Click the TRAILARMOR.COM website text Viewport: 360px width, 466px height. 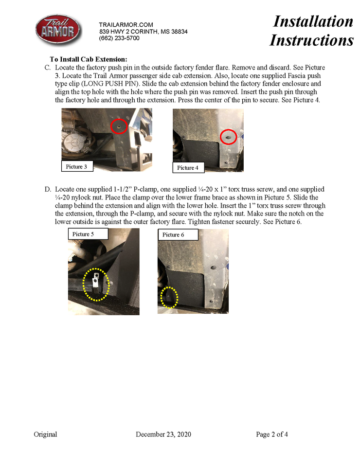(x=126, y=25)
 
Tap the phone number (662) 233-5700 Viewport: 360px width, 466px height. (x=119, y=38)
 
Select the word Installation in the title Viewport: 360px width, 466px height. (x=313, y=21)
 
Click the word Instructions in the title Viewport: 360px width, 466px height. (x=311, y=40)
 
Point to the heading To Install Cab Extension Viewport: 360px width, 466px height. (x=88, y=59)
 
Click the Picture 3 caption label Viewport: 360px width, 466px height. (x=76, y=167)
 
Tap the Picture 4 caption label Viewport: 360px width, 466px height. (x=188, y=168)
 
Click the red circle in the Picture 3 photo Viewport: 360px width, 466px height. (x=119, y=126)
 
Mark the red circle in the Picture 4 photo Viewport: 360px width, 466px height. (x=228, y=138)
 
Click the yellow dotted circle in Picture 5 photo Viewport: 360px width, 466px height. (x=96, y=285)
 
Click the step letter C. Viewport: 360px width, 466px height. (x=47, y=67)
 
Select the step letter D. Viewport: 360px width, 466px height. (x=47, y=189)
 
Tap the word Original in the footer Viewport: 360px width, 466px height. (x=45, y=434)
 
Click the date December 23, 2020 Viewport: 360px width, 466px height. (x=163, y=434)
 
